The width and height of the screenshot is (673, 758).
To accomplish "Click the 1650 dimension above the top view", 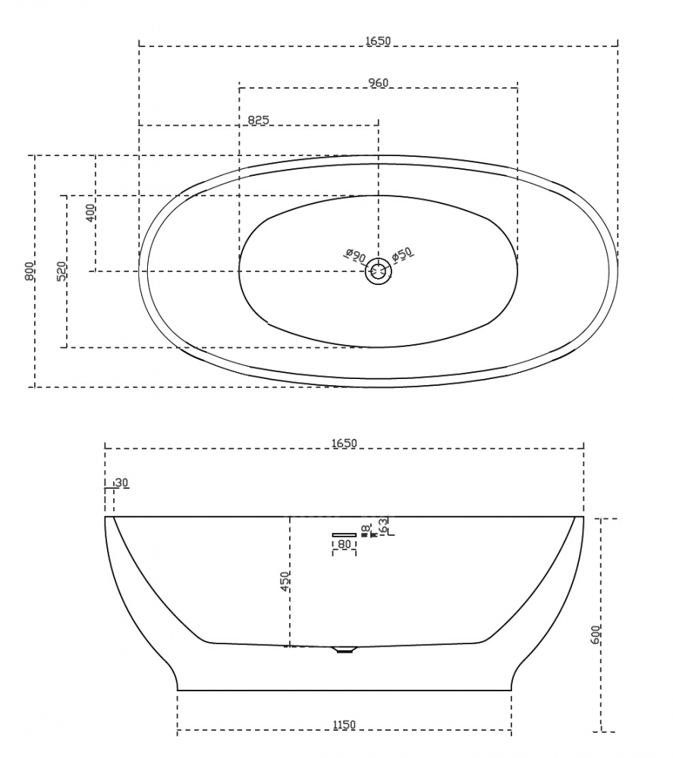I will tap(377, 40).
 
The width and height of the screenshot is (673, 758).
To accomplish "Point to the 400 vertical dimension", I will tap(90, 213).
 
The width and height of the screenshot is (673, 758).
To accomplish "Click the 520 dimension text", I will tap(61, 271).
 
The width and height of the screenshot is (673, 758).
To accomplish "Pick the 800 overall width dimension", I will tap(30, 271).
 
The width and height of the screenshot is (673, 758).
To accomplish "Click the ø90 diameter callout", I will tap(354, 255).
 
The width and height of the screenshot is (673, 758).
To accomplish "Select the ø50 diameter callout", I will tap(401, 255).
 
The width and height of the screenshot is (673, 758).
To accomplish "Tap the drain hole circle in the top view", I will tap(378, 271).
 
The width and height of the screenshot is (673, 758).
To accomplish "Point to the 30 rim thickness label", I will tap(121, 483).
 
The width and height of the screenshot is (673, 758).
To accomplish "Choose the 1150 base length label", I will tap(344, 725).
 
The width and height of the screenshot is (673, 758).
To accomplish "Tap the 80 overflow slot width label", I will tap(344, 544).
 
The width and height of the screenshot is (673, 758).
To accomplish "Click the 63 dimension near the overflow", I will tap(385, 525).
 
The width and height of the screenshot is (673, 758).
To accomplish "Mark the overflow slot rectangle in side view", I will tap(344, 535).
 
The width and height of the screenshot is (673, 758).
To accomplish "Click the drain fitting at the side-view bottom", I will tap(345, 648).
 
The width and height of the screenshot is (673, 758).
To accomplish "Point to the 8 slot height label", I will tap(365, 528).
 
